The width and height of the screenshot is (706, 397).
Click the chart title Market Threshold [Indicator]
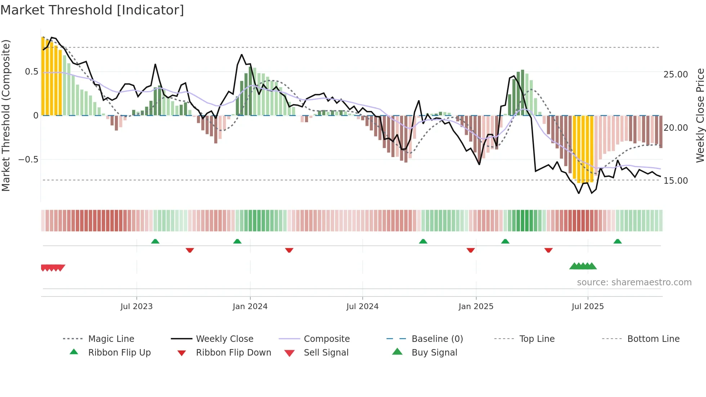tap(92, 10)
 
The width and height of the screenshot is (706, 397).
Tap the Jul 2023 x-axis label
tap(137, 307)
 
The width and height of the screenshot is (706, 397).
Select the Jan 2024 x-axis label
tap(250, 307)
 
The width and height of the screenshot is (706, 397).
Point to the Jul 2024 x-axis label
tap(362, 307)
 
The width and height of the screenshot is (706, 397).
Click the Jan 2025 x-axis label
tap(476, 307)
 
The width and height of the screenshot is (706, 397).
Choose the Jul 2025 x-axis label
tap(587, 307)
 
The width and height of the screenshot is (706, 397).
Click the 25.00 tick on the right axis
tap(675, 75)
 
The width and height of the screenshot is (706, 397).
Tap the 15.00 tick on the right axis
tap(675, 181)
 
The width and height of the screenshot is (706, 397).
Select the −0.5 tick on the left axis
tap(28, 160)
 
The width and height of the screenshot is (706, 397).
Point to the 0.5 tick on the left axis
tap(31, 72)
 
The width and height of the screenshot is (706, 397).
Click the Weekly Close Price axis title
tap(700, 115)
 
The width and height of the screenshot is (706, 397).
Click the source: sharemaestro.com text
tap(634, 282)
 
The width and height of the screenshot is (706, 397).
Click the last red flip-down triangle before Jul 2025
tap(548, 250)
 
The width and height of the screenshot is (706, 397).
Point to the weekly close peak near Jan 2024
tap(242, 55)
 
